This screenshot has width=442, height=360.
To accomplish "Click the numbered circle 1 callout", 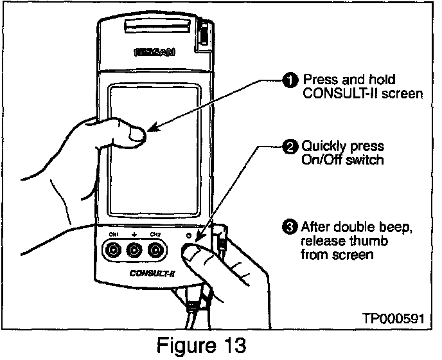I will click(290, 80).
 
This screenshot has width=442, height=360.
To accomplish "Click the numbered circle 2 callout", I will click(290, 147).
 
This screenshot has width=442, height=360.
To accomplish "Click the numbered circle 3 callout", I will click(290, 226).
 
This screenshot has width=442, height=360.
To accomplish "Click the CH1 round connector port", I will click(114, 250).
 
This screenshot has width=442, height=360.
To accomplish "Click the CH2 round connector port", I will click(155, 250).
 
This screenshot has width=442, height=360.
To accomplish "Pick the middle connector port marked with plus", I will click(134, 250).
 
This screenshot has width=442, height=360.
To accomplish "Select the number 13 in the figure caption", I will click(230, 345).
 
